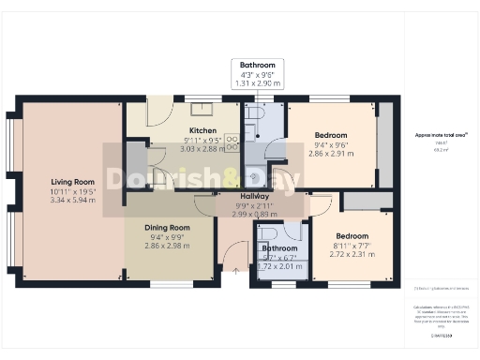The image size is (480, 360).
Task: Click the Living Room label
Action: point(72,182)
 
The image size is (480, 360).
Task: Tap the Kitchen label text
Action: point(203,131)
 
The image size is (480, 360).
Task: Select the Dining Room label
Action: point(167,228)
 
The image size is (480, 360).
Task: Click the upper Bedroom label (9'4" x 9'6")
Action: point(330,135)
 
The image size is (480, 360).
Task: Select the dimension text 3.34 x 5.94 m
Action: point(72,201)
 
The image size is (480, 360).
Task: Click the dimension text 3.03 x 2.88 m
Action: point(203,149)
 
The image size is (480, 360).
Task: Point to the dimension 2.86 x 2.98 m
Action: point(167,246)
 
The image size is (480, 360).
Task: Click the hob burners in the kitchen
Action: point(232,142)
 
